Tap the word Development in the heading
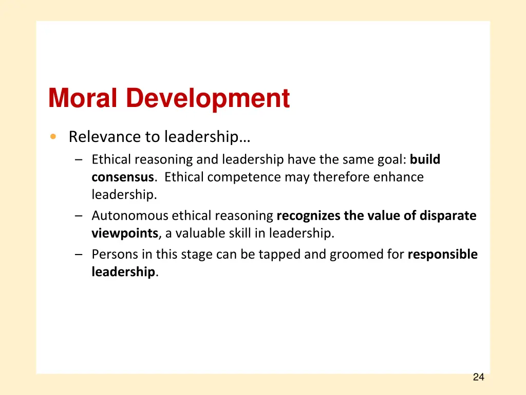208,98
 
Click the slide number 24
478,378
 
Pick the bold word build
425,159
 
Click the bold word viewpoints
125,234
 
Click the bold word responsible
442,254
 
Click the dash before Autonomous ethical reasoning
78,216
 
